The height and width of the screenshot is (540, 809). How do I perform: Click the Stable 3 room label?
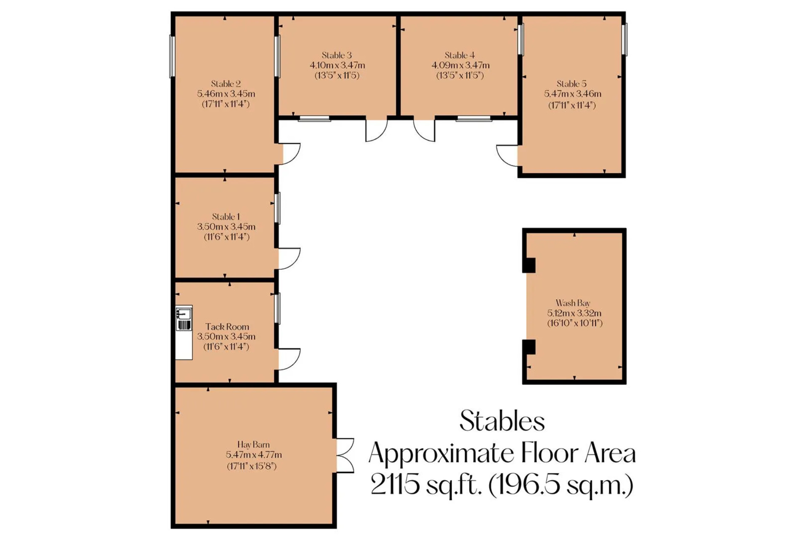tap(337, 55)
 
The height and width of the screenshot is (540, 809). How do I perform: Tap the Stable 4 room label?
tap(460, 55)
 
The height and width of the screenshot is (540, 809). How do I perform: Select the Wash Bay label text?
tap(573, 303)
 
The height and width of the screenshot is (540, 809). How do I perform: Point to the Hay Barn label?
tap(253, 444)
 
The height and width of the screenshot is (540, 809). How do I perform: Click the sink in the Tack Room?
tap(183, 314)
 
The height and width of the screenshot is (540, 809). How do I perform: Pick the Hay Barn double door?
tap(345, 455)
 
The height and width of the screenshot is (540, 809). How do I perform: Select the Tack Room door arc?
tap(289, 359)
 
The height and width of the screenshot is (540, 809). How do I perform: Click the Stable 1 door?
tap(289, 258)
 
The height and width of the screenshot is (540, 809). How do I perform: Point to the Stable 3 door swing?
tap(376, 130)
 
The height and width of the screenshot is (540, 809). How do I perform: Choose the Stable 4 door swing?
tap(424, 130)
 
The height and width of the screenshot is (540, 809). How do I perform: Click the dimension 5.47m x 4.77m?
tap(254, 455)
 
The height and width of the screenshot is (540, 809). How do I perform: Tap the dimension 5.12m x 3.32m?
tap(574, 313)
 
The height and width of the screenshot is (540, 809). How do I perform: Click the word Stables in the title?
tap(502, 421)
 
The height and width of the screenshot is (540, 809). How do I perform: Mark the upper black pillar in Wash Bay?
tap(529, 265)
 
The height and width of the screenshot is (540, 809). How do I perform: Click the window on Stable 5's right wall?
tap(624, 39)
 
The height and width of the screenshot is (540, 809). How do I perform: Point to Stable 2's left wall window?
tap(172, 57)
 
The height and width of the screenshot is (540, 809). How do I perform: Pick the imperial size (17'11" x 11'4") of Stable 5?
tap(572, 105)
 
